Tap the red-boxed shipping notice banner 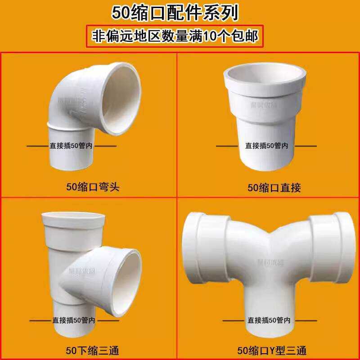point(175,36)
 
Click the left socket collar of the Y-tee point(198,250)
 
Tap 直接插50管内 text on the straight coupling point(266,146)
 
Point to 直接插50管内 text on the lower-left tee point(73,320)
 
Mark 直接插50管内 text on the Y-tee point(269,320)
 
